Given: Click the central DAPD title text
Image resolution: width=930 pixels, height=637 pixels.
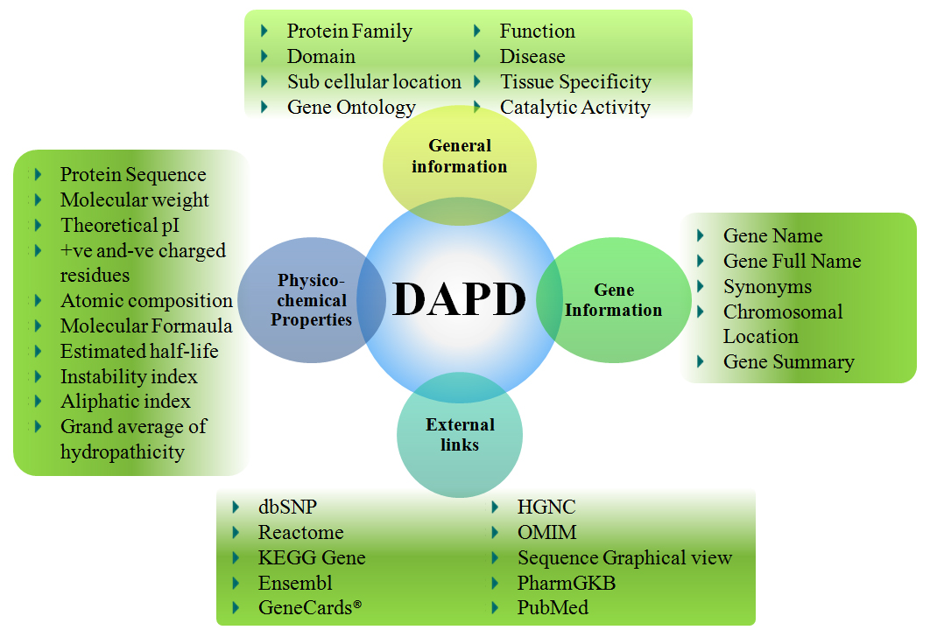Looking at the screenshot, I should click(x=459, y=299).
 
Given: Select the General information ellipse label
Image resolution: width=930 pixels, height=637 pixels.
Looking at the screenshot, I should click(x=460, y=156).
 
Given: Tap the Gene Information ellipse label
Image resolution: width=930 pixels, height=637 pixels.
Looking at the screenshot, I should click(x=614, y=300).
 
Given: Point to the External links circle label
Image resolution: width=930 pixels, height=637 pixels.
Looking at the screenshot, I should click(x=460, y=435).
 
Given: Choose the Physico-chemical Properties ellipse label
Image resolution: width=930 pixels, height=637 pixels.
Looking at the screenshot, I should click(x=311, y=300).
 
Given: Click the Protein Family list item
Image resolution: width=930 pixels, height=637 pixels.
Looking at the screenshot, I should click(x=349, y=31).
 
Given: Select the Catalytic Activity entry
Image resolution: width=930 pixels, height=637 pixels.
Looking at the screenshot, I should click(x=574, y=108).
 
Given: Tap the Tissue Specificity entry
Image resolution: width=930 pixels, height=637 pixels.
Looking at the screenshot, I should click(x=575, y=82).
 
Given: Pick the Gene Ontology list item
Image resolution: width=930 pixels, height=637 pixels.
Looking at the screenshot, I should click(x=351, y=108).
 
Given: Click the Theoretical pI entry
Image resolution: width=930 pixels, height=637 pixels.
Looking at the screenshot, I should click(x=120, y=226).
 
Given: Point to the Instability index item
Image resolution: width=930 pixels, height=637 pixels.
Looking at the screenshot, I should click(x=129, y=377).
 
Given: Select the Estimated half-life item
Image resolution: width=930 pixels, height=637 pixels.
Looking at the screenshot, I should click(x=139, y=352).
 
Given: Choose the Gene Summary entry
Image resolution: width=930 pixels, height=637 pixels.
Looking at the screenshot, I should click(x=788, y=362).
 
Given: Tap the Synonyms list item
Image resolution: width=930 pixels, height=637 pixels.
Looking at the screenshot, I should click(x=767, y=287).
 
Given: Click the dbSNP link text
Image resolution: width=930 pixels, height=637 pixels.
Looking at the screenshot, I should click(x=287, y=507).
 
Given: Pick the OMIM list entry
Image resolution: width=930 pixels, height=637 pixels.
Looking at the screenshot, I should click(x=546, y=533).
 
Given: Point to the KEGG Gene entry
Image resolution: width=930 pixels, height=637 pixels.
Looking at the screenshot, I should click(x=312, y=558).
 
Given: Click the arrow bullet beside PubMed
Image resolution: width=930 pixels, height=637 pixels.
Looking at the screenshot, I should click(x=496, y=607).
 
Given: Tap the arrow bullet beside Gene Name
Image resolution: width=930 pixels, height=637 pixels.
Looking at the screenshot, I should click(x=701, y=236).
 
